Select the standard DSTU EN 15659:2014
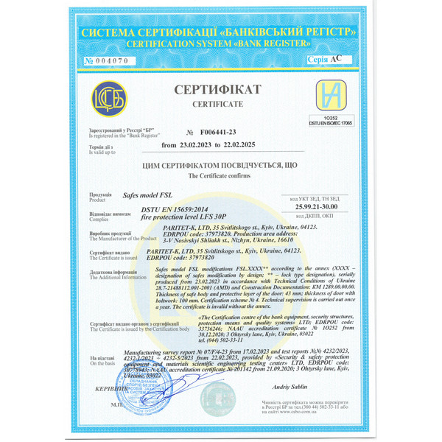(175, 211)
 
